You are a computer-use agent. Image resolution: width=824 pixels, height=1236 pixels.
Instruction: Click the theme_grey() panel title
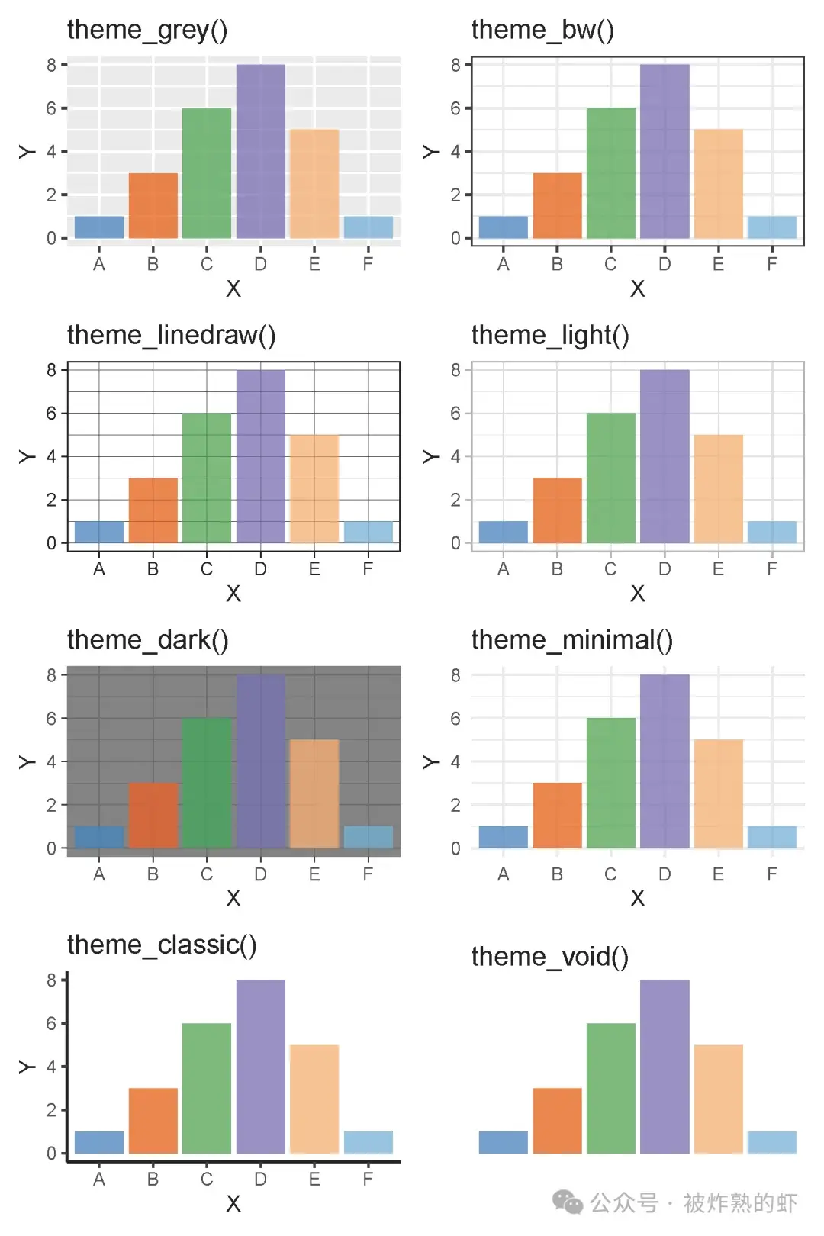147,30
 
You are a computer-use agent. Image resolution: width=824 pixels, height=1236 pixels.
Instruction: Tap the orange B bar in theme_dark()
153,815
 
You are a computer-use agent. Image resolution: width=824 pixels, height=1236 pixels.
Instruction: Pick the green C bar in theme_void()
610,1088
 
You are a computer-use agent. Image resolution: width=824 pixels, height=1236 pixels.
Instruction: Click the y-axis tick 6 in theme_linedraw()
51,414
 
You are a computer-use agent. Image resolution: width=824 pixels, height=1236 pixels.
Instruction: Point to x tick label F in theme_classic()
368,1180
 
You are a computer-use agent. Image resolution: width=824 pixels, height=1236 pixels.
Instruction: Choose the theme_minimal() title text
571,640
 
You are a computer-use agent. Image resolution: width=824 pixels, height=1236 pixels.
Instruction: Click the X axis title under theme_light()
638,594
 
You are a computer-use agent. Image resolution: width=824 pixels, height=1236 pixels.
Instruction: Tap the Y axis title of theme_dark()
27,762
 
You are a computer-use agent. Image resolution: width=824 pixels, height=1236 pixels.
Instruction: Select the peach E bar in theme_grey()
314,184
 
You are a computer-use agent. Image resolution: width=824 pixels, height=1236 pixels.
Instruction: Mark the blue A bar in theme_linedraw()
99,532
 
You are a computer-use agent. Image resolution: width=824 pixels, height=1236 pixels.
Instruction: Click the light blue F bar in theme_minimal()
772,837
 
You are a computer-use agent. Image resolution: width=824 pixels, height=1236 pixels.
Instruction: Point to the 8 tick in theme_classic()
51,980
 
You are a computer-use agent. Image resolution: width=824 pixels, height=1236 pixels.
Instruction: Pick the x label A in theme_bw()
504,264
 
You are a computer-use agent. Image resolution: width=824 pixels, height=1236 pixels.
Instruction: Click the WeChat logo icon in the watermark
568,1202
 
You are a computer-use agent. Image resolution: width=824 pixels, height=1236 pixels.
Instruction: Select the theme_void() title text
549,957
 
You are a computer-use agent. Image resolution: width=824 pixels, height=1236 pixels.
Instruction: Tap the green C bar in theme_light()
610,478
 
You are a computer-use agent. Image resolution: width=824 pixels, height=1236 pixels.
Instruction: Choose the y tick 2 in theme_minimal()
455,805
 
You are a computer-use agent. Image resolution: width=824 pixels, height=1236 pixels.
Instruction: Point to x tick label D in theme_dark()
261,874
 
